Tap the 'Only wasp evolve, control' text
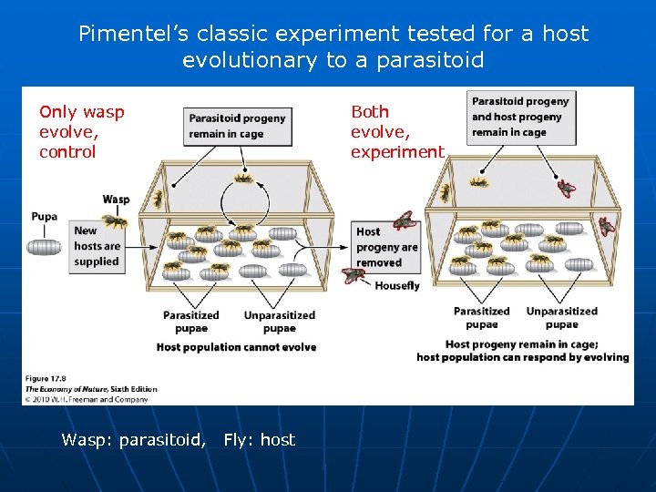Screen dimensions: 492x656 pyautogui.click(x=81, y=131)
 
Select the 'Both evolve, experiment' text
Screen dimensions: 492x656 pyautogui.click(x=397, y=131)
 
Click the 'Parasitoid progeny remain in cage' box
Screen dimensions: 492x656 pyautogui.click(x=237, y=125)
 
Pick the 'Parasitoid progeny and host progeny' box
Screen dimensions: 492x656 pyautogui.click(x=521, y=117)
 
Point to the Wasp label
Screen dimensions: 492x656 pyautogui.click(x=116, y=200)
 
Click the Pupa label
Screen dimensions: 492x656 pyautogui.click(x=44, y=217)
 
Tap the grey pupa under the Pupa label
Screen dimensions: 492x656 pyautogui.click(x=45, y=247)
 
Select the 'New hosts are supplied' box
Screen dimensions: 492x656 pyautogui.click(x=97, y=246)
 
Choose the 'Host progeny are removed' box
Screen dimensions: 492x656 pyautogui.click(x=387, y=247)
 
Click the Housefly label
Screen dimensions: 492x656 pyautogui.click(x=397, y=285)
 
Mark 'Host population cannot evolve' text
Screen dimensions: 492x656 pyautogui.click(x=236, y=347)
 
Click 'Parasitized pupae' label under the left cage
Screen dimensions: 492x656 pyautogui.click(x=190, y=322)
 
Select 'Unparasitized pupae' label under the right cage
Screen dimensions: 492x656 pyautogui.click(x=561, y=317)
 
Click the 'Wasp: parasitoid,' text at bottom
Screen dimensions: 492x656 pyautogui.click(x=133, y=440)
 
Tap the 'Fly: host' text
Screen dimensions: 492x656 pyautogui.click(x=260, y=440)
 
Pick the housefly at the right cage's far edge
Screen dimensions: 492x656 pyautogui.click(x=607, y=227)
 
